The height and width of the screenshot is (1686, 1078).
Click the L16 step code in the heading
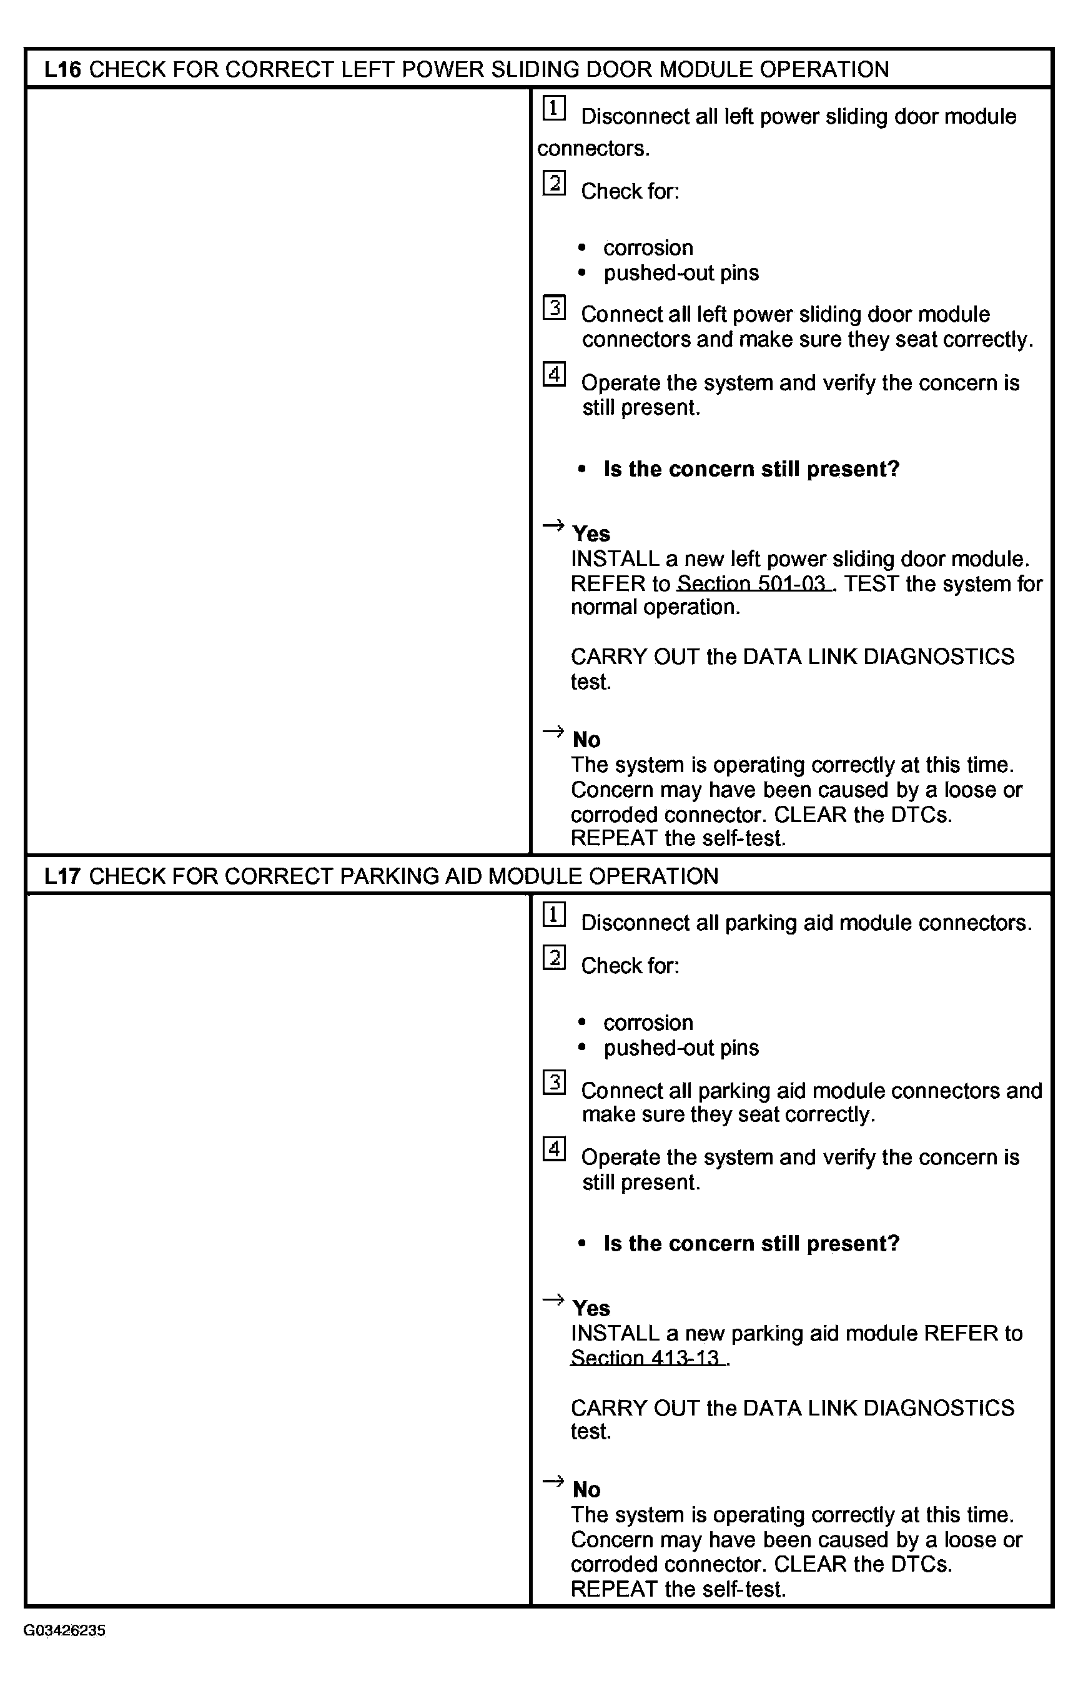pos(62,69)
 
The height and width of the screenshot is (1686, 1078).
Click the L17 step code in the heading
pos(62,876)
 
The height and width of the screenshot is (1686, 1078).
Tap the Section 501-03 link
pos(753,583)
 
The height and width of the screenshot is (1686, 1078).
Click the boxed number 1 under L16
pos(554,109)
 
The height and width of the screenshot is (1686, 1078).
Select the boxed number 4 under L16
pos(554,374)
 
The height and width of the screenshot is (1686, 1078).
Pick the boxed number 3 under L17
pos(554,1083)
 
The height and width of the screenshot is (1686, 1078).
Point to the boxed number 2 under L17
pos(554,957)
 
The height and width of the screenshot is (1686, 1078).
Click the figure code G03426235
pos(64,1630)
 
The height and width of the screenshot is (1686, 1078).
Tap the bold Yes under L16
pos(591,534)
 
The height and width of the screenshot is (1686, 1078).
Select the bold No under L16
pos(586,740)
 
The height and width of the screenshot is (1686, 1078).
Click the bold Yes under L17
pos(591,1309)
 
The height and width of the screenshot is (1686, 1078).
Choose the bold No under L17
pos(586,1489)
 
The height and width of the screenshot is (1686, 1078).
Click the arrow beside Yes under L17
pos(553,1299)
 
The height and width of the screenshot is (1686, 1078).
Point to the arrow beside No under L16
pos(553,731)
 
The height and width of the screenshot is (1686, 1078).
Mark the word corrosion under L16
pos(648,248)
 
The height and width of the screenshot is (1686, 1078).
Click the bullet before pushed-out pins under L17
pos(581,1048)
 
